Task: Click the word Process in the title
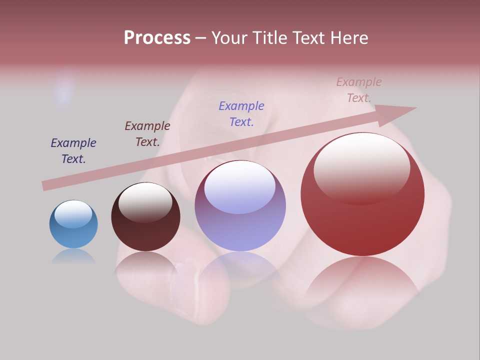(157, 38)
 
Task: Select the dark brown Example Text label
(147, 134)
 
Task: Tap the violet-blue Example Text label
(241, 113)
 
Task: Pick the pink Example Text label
(359, 90)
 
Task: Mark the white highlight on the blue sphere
(73, 214)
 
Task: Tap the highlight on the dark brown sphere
(145, 201)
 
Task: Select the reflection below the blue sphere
(73, 256)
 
